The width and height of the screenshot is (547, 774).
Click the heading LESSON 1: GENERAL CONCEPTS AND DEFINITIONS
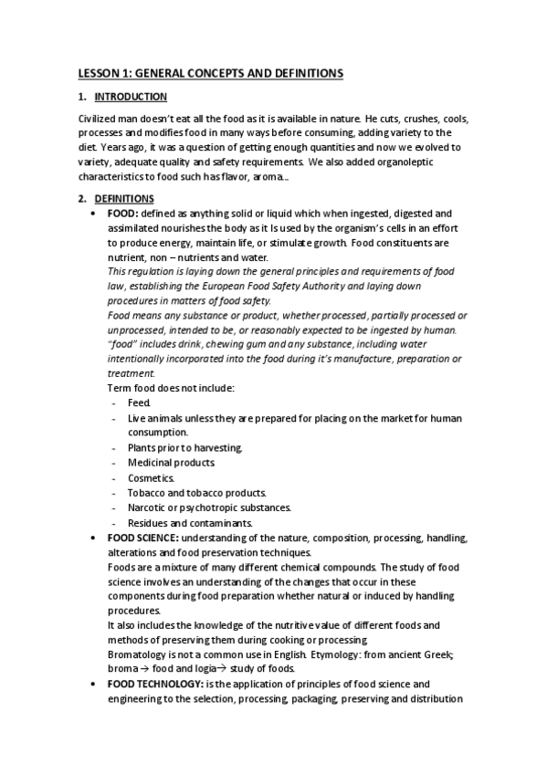click(x=209, y=72)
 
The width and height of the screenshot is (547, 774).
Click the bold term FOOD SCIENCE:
click(x=142, y=539)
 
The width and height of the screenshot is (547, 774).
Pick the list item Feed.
click(x=139, y=403)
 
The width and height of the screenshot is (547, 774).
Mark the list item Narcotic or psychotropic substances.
click(x=209, y=507)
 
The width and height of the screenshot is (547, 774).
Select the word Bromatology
click(x=136, y=654)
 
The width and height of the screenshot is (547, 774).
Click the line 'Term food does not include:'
click(x=171, y=388)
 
